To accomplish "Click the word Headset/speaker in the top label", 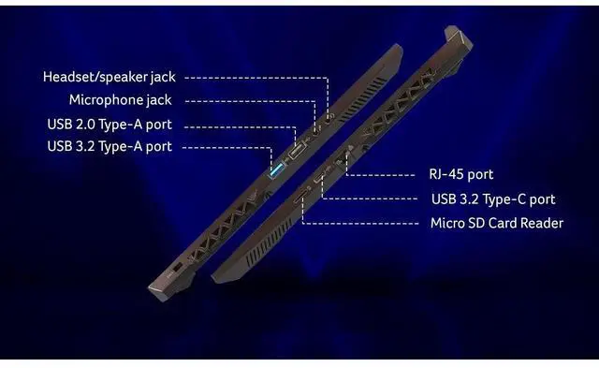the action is tap(95, 77).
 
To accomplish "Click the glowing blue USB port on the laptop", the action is tap(276, 170).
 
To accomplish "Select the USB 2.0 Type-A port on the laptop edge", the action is tap(297, 150).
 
